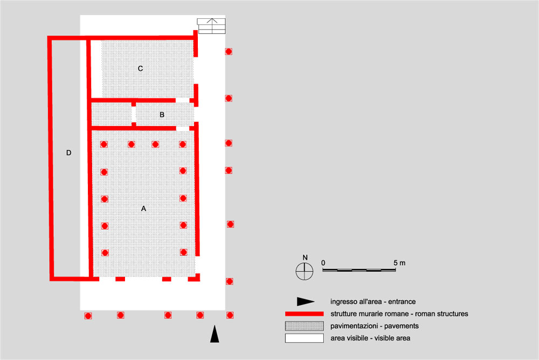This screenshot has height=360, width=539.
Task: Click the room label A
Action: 144,209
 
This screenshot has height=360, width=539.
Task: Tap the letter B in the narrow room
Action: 162,115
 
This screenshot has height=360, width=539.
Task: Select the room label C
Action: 140,69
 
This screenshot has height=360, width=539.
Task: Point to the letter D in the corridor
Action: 69,153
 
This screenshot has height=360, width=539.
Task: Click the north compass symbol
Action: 304,271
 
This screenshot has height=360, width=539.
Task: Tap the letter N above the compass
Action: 305,258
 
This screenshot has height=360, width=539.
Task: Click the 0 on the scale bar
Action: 323,262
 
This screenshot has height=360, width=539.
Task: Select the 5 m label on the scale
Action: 399,263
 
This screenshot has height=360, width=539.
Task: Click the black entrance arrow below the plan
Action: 215,334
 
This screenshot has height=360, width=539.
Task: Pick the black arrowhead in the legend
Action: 306,302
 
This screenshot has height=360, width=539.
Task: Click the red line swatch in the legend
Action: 304,314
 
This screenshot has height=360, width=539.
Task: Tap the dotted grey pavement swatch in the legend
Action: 304,326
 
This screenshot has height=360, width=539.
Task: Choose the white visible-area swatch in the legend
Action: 304,338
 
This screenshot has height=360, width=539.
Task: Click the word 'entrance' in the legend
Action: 402,302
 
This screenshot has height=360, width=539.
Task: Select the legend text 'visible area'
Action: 392,338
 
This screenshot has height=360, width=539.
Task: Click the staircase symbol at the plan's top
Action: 211,26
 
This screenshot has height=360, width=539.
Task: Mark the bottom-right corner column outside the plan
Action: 230,315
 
